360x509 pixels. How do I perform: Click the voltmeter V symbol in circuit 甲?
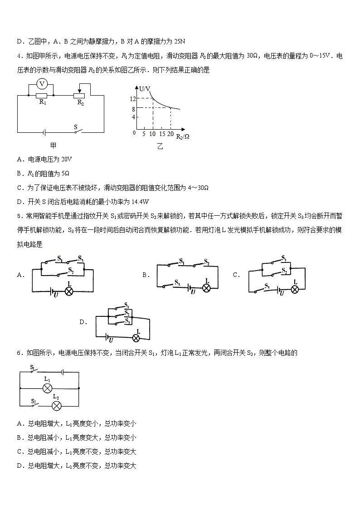tap(42, 84)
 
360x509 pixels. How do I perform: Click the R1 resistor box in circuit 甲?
tap(42, 96)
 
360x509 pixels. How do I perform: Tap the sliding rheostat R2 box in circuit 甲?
tap(80, 96)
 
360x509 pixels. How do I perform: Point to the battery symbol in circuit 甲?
tap(44, 132)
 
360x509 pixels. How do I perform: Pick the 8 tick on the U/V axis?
tap(133, 108)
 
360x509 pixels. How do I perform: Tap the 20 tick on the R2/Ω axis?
tap(170, 135)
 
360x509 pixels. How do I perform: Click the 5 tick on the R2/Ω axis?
tap(144, 135)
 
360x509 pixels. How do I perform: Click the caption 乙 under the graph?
tap(159, 146)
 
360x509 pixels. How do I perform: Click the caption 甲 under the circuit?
tap(53, 145)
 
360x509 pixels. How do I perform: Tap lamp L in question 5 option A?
tap(69, 291)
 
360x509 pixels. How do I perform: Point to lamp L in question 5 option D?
tap(135, 338)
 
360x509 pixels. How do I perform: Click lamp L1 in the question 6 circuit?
tap(48, 388)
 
